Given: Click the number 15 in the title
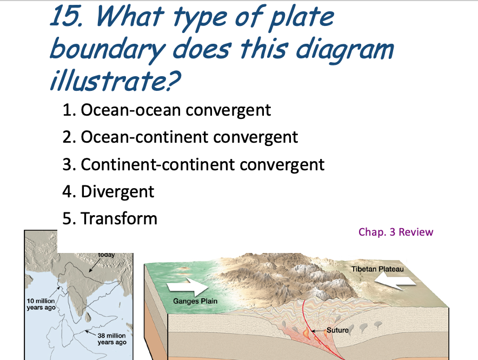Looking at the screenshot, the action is [x=66, y=16].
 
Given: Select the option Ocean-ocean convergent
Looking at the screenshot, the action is [x=167, y=110].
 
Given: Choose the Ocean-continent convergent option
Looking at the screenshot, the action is [x=180, y=137].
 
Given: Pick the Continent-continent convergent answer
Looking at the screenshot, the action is [x=193, y=165].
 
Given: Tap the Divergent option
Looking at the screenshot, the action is [x=108, y=192].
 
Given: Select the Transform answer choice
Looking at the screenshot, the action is [x=110, y=218].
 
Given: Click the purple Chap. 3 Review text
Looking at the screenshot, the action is [x=396, y=232].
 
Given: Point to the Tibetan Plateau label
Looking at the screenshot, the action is [x=377, y=269].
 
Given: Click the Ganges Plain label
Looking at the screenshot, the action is [x=195, y=301].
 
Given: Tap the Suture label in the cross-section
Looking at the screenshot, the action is [x=337, y=330].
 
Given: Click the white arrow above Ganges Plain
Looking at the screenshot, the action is [x=188, y=286].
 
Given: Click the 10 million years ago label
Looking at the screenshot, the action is [x=41, y=304].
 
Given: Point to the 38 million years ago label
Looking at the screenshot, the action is [x=111, y=339].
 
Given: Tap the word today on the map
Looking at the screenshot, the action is [x=107, y=255].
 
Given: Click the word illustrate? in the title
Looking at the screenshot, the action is [x=115, y=80].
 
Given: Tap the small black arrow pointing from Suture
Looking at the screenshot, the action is [x=318, y=331].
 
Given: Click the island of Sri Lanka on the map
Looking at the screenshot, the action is [x=88, y=317].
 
